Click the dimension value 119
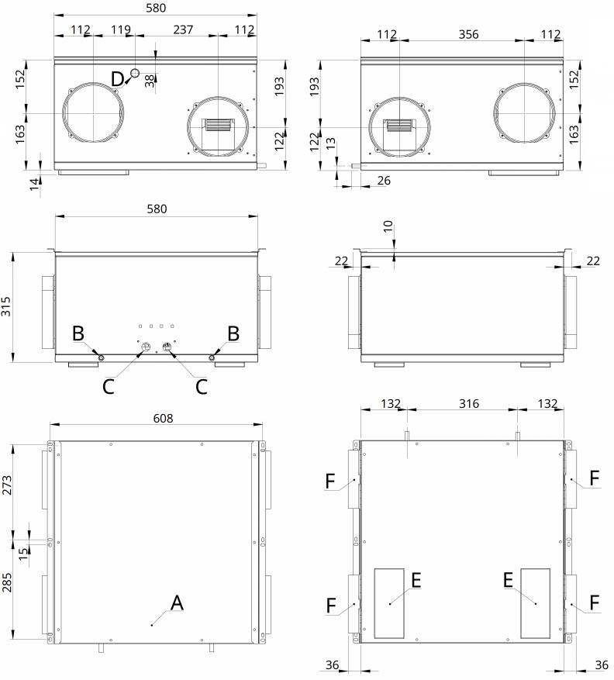[120, 29]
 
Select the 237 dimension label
[183, 29]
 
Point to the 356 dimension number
[468, 34]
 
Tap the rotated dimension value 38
[150, 81]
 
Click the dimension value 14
[35, 185]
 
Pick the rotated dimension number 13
[330, 143]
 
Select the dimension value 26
[383, 181]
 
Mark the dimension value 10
[388, 226]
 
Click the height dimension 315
[6, 306]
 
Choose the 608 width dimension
[163, 418]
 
